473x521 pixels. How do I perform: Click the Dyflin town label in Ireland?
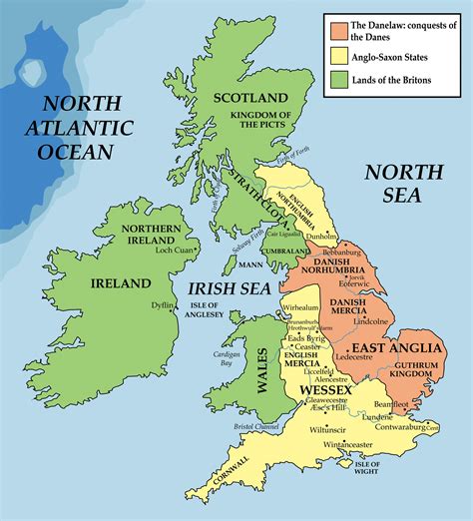[x=163, y=304]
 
